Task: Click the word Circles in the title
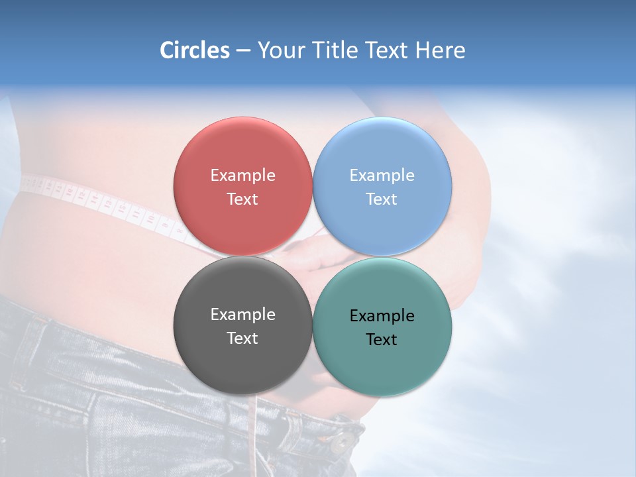coord(195,50)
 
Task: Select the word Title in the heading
coord(337,50)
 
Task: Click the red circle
coord(242,152)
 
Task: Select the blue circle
coord(382,152)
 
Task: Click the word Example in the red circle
coord(242,176)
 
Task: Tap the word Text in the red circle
coord(242,199)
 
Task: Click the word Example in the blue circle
coord(382,176)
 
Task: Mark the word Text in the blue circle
coord(382,199)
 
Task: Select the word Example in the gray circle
coord(242,315)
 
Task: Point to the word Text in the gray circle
coord(242,339)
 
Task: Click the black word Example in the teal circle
coord(382,316)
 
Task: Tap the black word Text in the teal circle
coord(382,340)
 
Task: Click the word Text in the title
coord(387,50)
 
